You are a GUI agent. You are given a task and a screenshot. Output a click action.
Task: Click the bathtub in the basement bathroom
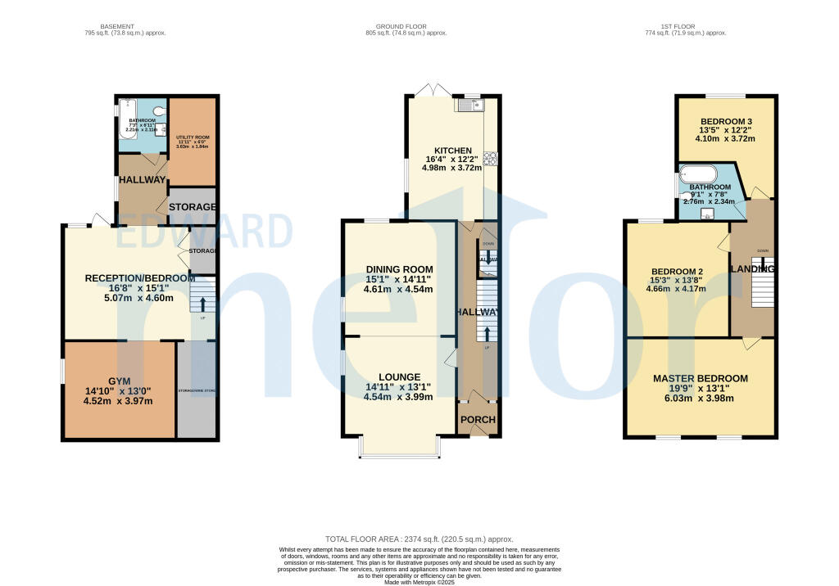tap(127, 117)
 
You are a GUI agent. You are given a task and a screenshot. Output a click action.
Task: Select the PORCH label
tap(478, 421)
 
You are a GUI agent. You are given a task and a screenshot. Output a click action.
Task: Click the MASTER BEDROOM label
tap(700, 378)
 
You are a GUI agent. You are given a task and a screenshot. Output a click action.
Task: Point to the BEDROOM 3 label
tap(725, 120)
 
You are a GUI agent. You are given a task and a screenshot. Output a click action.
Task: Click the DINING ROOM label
tap(399, 269)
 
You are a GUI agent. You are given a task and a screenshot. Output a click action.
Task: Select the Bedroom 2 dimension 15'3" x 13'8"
tap(678, 280)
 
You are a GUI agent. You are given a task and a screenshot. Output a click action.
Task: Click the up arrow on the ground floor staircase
tap(488, 334)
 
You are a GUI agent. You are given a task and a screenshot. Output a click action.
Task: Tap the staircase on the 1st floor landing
tap(762, 289)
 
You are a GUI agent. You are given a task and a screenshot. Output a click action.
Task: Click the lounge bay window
tap(400, 455)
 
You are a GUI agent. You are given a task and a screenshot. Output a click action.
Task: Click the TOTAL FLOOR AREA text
tap(419, 539)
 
